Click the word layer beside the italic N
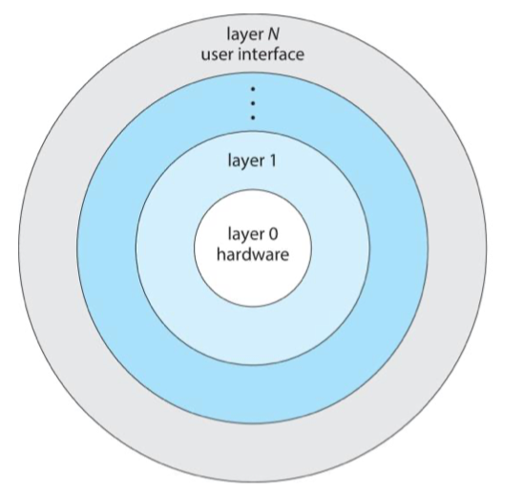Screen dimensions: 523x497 click(x=244, y=34)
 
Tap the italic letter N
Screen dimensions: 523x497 click(x=274, y=33)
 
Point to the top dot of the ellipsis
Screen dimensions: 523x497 click(x=253, y=89)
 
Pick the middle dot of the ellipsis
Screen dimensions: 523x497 click(x=253, y=103)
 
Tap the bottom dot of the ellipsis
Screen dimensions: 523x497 click(x=253, y=118)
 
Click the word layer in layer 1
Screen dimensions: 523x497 click(x=245, y=162)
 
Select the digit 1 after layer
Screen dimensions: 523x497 click(x=273, y=161)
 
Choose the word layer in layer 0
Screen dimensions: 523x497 click(x=245, y=235)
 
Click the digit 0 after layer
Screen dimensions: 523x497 click(x=273, y=234)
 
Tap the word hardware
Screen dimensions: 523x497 click(x=253, y=254)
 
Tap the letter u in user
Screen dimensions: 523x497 click(x=205, y=55)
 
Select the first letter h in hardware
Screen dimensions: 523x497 click(x=220, y=254)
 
